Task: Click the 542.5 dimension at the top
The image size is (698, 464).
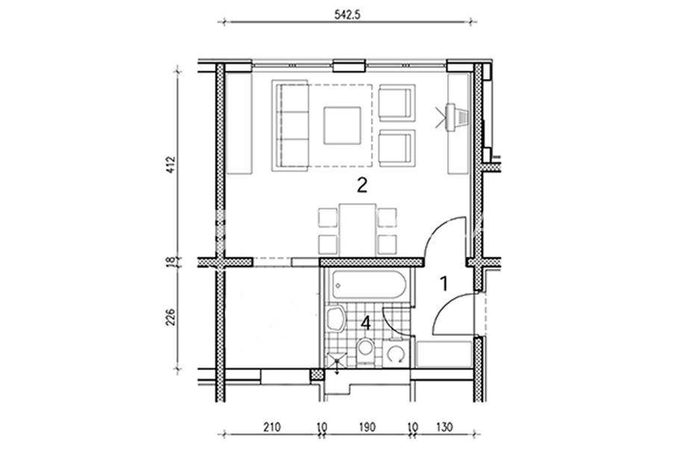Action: pos(347,14)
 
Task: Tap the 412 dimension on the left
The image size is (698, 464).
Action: pos(171,165)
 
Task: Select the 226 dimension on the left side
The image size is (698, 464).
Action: pos(171,317)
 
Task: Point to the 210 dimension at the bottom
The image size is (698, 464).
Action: pos(272,427)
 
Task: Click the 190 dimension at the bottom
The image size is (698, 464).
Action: pos(367,427)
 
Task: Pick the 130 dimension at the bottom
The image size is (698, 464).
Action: pos(444,427)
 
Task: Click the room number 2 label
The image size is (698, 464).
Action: pos(362,184)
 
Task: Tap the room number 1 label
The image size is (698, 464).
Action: pos(444,283)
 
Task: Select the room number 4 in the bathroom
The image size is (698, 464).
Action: pos(366,323)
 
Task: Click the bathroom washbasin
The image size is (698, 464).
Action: pos(334,319)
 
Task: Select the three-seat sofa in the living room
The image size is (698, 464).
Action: pos(290,125)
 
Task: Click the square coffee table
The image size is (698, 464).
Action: pos(343,125)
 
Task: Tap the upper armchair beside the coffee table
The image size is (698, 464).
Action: pos(397,103)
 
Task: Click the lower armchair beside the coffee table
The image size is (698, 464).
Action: pos(397,148)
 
